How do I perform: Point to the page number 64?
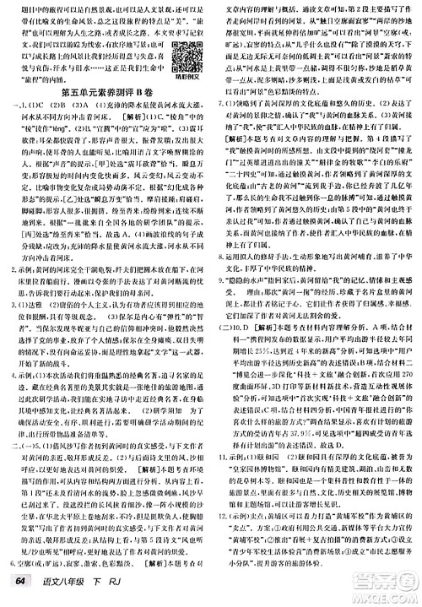(x=18, y=588)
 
